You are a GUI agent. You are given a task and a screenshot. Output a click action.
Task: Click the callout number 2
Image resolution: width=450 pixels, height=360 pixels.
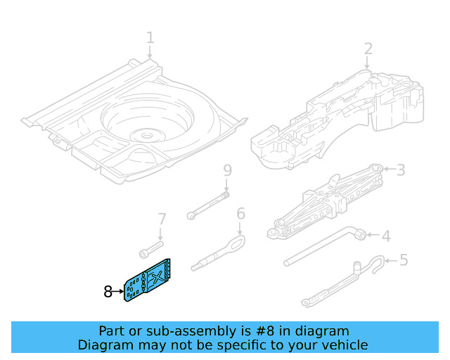coord(368,49)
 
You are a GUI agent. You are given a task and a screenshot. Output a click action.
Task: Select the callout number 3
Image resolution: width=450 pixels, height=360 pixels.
coord(401,169)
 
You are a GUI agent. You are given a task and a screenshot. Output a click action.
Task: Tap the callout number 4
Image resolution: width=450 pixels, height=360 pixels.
coord(385,236)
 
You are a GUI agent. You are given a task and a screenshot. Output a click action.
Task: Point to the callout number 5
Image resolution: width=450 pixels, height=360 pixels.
coord(403,260)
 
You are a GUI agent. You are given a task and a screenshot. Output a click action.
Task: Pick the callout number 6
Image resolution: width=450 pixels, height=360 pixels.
coord(240,214)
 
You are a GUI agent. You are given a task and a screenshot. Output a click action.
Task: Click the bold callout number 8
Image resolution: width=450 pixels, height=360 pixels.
coord(108,291)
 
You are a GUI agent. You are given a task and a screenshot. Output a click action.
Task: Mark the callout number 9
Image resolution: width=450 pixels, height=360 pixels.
coord(226,171)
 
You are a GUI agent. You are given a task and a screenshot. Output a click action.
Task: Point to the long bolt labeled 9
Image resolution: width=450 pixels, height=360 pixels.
coord(207,204)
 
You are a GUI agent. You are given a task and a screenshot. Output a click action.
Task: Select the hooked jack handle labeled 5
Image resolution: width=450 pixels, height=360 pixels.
coord(345,281)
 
